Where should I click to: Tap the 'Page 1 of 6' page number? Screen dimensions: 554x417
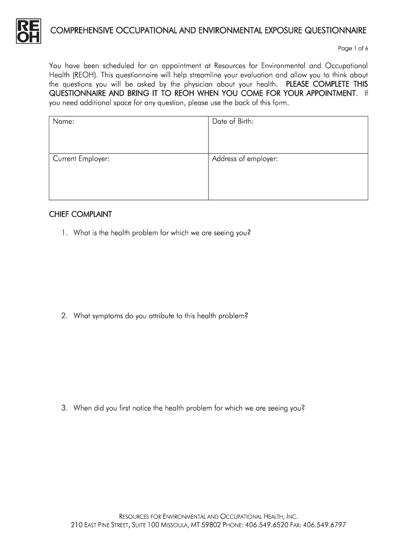click(353, 49)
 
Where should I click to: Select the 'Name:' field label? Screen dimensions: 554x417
click(63, 122)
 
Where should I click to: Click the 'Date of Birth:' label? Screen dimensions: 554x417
click(233, 122)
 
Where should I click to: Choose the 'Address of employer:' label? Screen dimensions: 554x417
click(245, 159)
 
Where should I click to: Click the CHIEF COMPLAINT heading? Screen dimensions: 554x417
click(80, 214)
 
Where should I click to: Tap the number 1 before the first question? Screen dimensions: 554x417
click(63, 233)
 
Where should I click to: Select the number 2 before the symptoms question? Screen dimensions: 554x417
click(63, 315)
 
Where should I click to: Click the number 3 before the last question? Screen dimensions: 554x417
click(63, 408)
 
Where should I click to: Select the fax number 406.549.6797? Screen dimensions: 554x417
click(324, 525)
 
